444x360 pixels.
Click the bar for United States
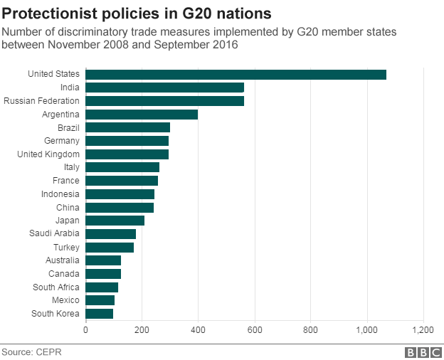[x=236, y=75]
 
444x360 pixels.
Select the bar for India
[x=165, y=88]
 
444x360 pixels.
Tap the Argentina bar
[x=142, y=114]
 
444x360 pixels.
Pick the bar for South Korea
[x=100, y=313]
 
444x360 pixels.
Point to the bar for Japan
[x=115, y=221]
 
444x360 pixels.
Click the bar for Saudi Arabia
[x=111, y=233]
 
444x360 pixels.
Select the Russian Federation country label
[x=42, y=101]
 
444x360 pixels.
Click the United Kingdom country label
[x=49, y=154]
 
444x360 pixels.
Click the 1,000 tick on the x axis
[x=367, y=330]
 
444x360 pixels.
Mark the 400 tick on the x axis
[x=198, y=330]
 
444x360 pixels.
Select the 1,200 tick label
[x=423, y=330]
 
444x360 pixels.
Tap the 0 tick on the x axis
[x=86, y=330]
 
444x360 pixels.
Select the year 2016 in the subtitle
[x=226, y=45]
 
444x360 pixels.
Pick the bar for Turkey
[x=110, y=247]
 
